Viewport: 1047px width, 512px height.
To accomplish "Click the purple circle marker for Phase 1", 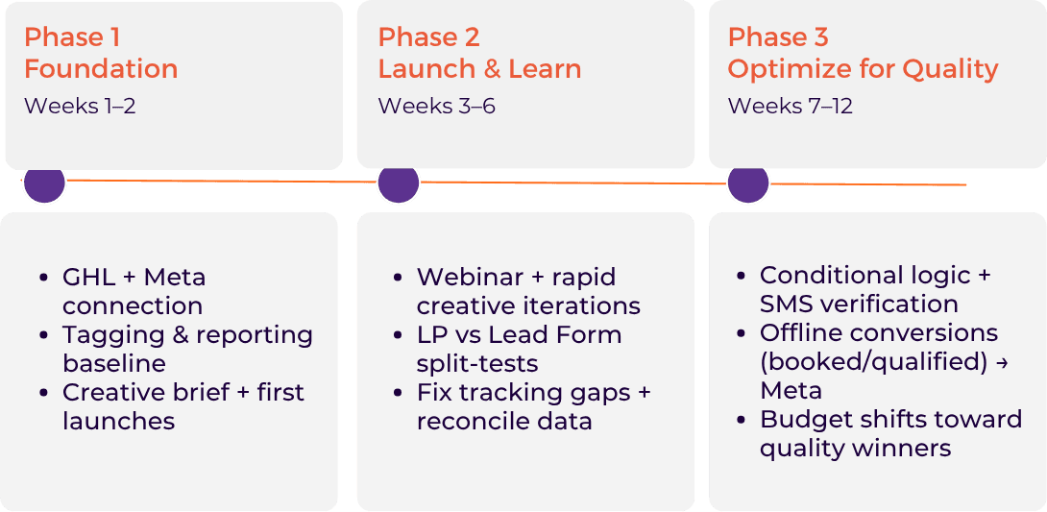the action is click(x=43, y=183).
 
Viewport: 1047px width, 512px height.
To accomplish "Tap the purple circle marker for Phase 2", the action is click(x=399, y=183).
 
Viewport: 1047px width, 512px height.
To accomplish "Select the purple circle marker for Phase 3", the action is click(x=748, y=183).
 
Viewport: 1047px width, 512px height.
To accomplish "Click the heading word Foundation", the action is click(x=101, y=69).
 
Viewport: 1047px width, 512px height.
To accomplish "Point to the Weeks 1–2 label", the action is click(x=80, y=106).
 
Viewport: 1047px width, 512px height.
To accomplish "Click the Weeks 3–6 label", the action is click(x=436, y=106).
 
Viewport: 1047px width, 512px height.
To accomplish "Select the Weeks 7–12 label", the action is click(x=790, y=106).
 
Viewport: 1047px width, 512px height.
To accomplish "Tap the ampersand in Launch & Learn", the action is click(x=490, y=69).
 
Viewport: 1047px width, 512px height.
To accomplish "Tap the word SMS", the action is click(x=787, y=305).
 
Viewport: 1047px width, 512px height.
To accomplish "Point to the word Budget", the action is click(x=800, y=420).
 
